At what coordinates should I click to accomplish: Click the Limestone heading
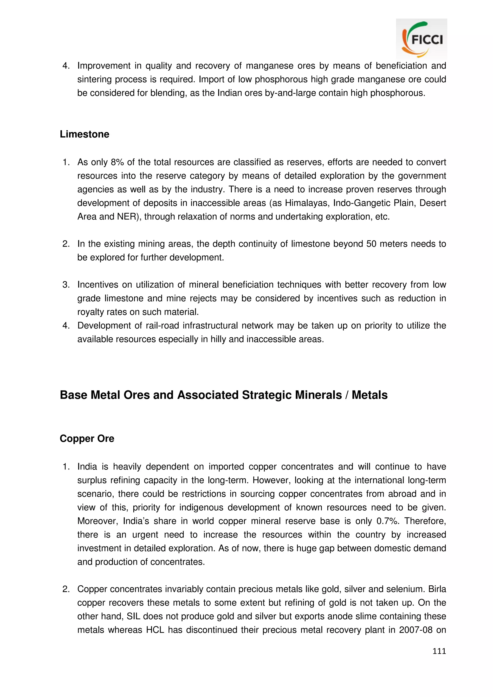tap(84, 134)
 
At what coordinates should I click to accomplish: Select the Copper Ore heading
tap(87, 438)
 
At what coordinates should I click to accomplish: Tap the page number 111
tap(439, 651)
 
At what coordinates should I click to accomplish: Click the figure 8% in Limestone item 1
tap(117, 162)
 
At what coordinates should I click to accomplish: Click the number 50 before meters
tap(371, 244)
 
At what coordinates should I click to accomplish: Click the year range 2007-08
tap(415, 630)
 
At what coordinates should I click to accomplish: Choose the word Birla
tap(437, 589)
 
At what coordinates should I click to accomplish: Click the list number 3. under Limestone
tap(66, 285)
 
